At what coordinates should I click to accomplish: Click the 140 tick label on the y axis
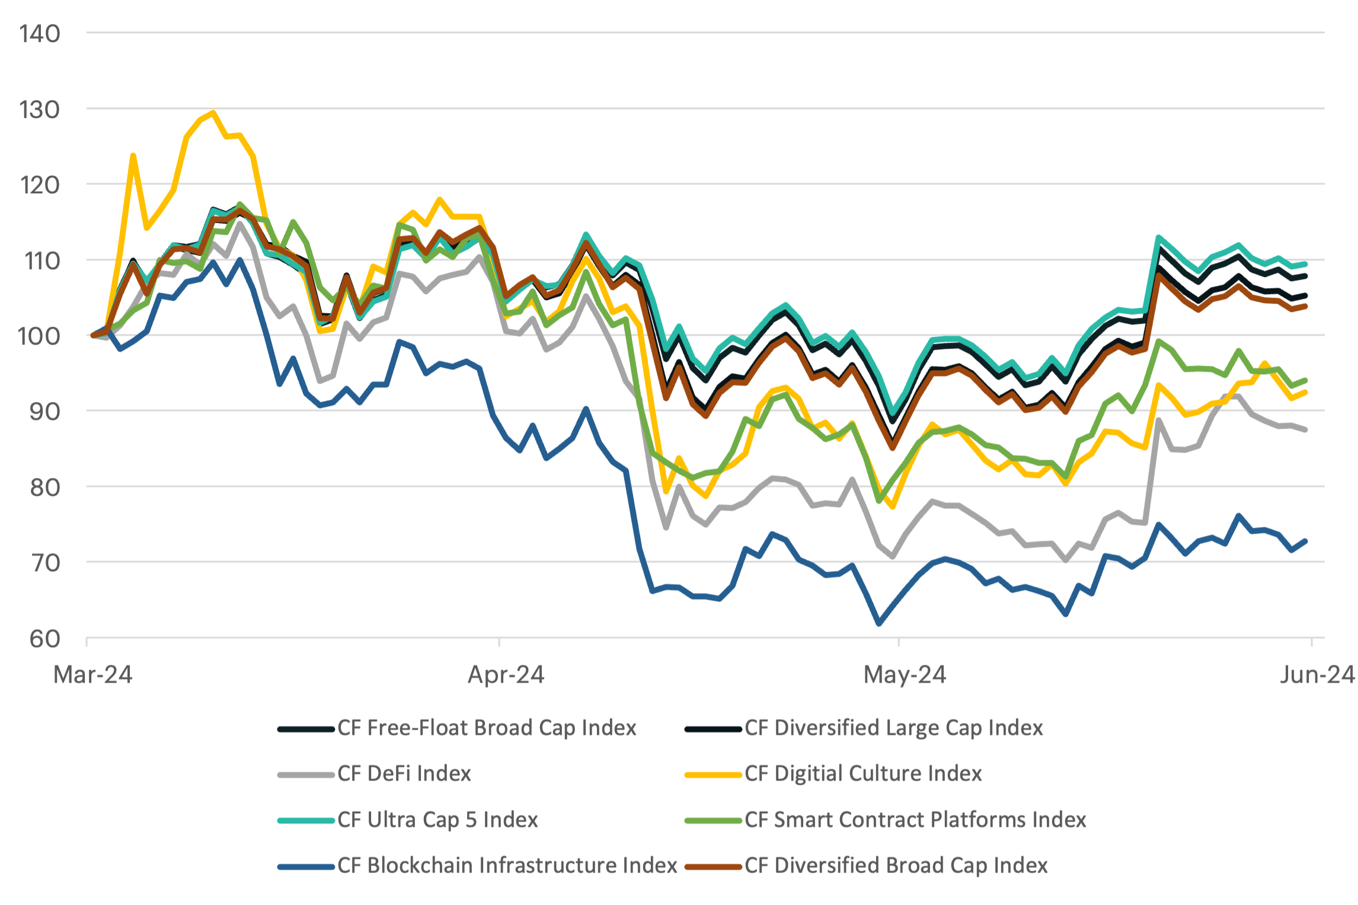(39, 34)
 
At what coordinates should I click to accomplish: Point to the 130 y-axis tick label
(39, 110)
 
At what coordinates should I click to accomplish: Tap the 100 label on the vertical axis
(39, 336)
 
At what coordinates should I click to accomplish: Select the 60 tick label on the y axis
(44, 639)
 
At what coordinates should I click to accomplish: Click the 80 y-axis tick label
(44, 487)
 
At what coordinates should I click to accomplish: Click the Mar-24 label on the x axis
(92, 675)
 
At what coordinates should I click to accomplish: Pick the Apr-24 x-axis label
(506, 675)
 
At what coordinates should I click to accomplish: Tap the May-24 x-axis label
(905, 675)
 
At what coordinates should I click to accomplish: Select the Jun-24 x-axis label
(1317, 675)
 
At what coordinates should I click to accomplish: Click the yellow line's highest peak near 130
(213, 112)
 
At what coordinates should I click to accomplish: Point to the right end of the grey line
(1305, 429)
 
